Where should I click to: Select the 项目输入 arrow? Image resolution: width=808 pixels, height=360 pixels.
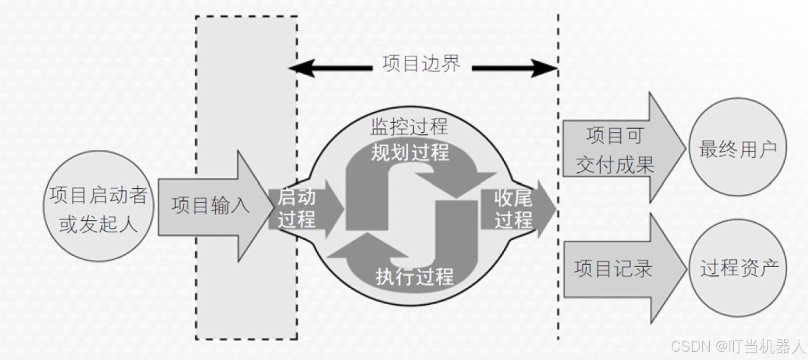coord(211,206)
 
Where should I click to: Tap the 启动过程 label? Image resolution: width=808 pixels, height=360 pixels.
coord(297,208)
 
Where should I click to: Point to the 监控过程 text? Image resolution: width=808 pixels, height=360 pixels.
coord(409,127)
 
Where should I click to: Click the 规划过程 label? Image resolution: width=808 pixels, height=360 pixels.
coord(410,152)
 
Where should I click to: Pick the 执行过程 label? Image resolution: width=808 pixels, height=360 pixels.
coord(414,276)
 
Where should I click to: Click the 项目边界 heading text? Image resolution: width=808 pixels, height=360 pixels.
coord(421,64)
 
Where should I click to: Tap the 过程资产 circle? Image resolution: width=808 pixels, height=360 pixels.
coord(738,268)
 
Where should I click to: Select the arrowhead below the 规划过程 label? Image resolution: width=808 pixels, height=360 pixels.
coord(457,183)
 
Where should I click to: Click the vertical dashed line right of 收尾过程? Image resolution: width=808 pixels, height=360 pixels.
coord(558,278)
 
